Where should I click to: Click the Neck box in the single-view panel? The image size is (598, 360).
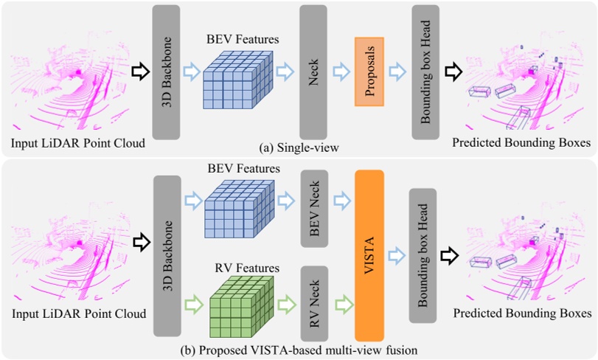pos(314,71)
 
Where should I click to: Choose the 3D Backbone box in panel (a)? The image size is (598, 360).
pos(166,72)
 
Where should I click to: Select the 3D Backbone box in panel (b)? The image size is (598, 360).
pos(166,255)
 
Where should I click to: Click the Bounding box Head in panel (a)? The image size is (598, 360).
pos(425,72)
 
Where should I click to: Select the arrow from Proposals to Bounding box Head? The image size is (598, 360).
pos(397,71)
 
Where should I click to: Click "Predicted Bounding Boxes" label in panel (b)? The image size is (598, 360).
pos(522,314)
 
